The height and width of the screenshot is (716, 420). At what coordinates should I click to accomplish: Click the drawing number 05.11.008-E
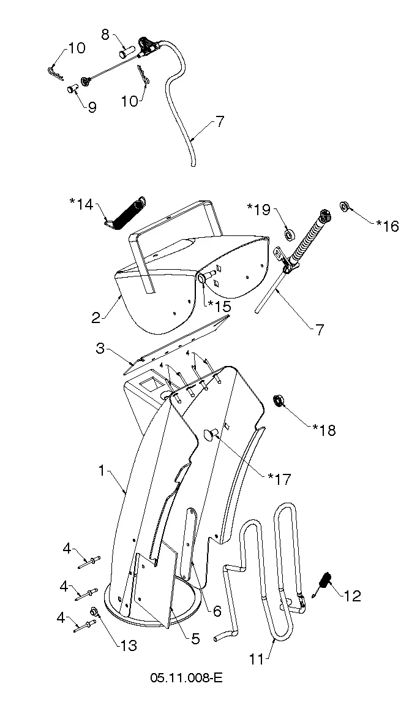pyautogui.click(x=186, y=677)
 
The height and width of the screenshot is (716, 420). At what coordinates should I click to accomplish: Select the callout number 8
pyautogui.click(x=105, y=34)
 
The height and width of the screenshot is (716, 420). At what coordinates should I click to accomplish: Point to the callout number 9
pyautogui.click(x=92, y=107)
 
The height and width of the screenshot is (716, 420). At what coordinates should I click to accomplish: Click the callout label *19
pyautogui.click(x=259, y=210)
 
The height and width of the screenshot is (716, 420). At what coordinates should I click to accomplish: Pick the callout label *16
pyautogui.click(x=388, y=226)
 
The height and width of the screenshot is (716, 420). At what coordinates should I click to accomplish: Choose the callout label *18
pyautogui.click(x=324, y=430)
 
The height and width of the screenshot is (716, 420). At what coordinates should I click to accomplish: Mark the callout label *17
pyautogui.click(x=279, y=479)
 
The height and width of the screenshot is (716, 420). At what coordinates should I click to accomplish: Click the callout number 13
pyautogui.click(x=129, y=646)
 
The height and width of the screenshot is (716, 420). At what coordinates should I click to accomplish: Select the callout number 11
pyautogui.click(x=257, y=659)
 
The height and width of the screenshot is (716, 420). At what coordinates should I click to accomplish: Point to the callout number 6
pyautogui.click(x=217, y=611)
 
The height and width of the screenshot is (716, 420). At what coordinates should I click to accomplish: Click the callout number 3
pyautogui.click(x=100, y=349)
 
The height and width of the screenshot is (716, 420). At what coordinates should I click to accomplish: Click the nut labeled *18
pyautogui.click(x=277, y=400)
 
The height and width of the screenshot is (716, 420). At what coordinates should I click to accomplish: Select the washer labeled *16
pyautogui.click(x=344, y=206)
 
